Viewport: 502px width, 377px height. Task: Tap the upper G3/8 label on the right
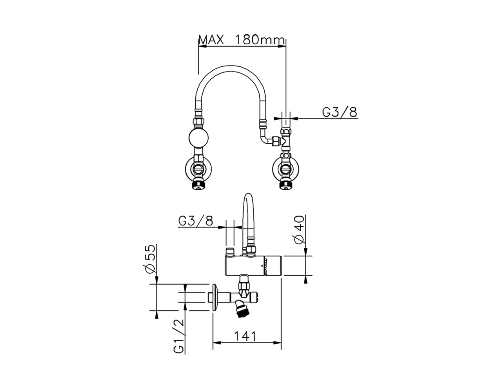click(x=340, y=112)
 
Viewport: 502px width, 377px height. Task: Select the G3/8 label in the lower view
click(x=195, y=221)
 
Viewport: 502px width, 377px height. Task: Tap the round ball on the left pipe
click(x=200, y=138)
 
